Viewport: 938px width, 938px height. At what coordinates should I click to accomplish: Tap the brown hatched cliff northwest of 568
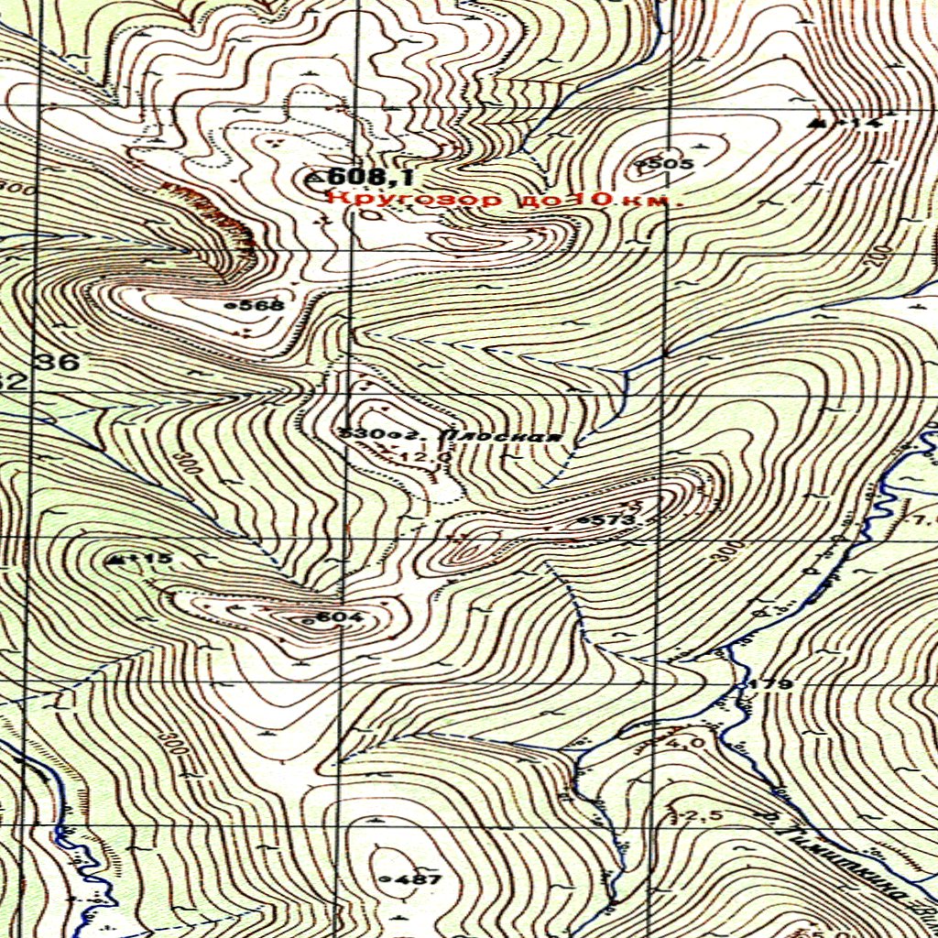tap(211, 213)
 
